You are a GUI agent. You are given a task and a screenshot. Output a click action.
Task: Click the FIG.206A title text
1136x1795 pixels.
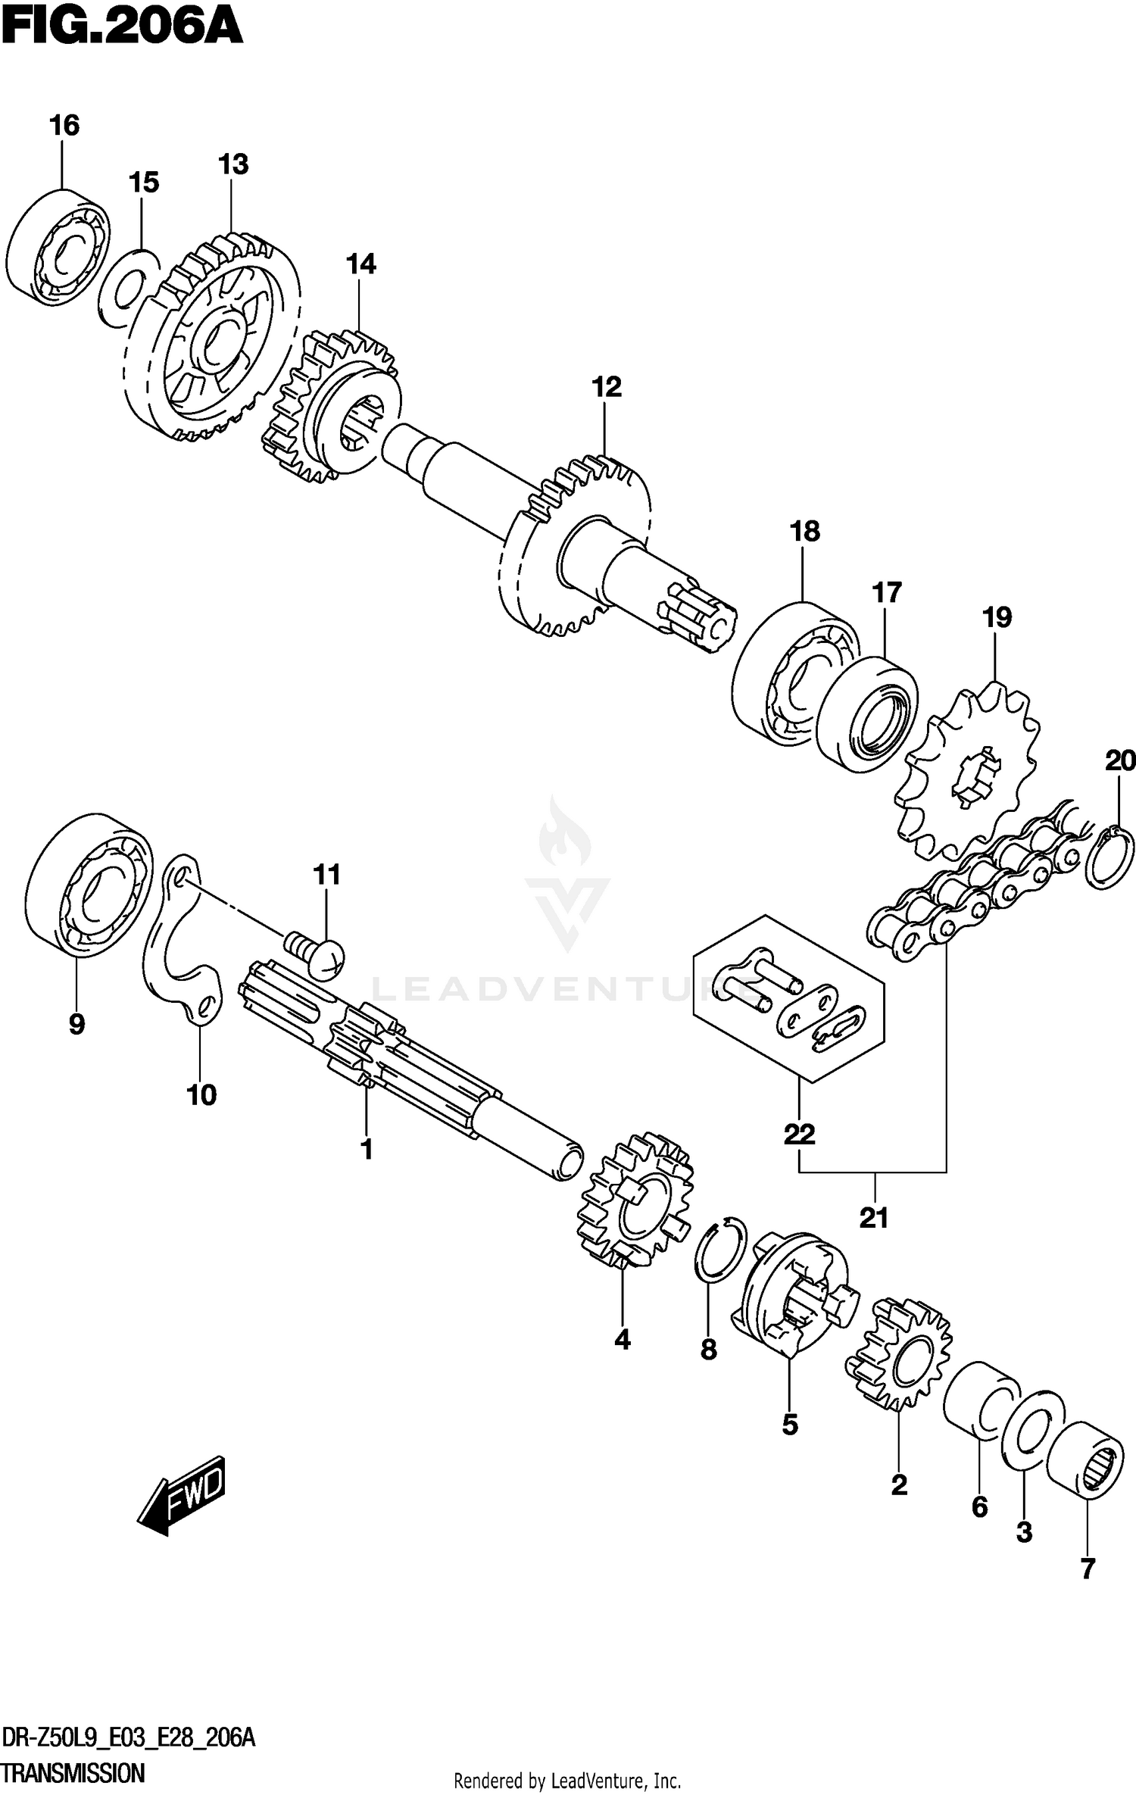point(121,29)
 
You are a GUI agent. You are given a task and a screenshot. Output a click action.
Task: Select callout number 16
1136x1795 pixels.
point(64,125)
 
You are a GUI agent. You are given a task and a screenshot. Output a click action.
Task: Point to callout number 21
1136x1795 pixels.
point(873,1219)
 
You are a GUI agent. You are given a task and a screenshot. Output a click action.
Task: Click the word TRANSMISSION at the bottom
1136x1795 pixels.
point(73,1773)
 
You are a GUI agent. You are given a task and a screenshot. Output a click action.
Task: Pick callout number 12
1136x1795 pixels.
point(607,388)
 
